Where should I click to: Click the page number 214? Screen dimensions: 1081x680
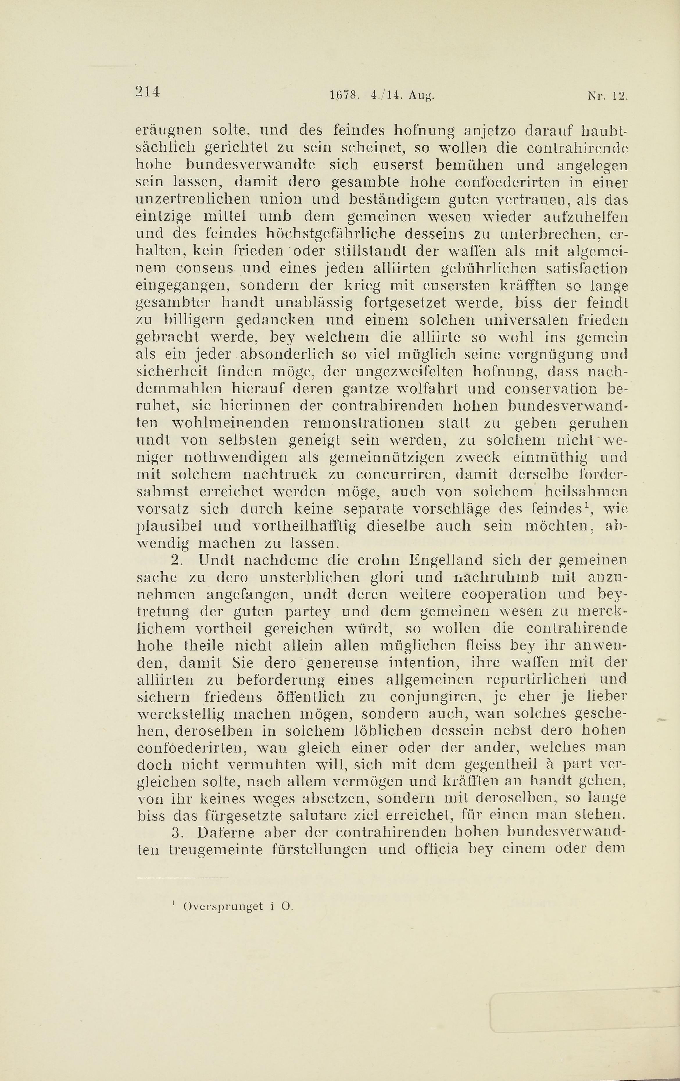(148, 92)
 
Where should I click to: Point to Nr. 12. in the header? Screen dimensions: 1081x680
(606, 96)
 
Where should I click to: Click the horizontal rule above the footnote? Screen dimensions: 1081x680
(182, 878)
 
